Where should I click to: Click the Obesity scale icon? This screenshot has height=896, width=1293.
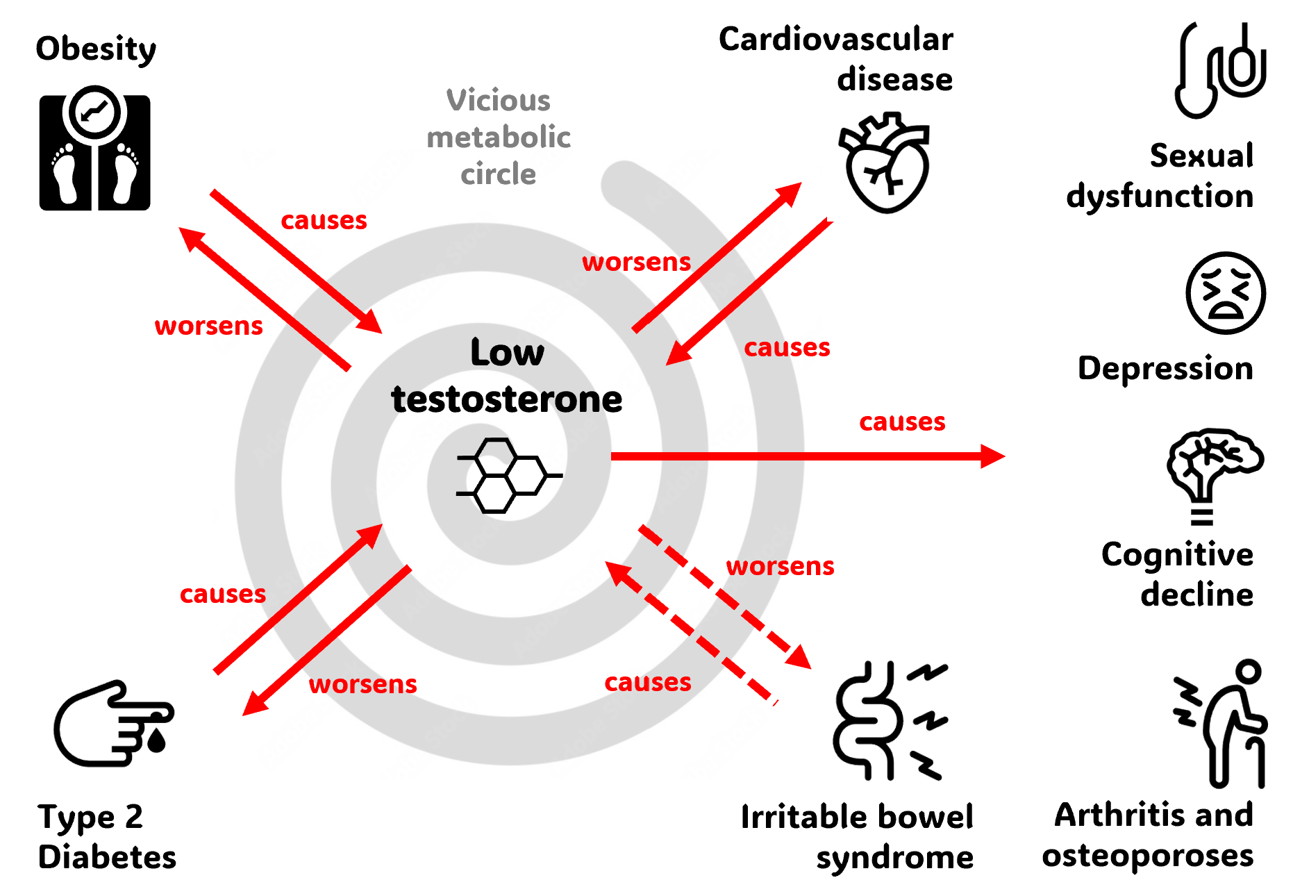94,149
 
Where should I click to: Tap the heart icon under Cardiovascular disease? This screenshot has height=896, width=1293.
885,163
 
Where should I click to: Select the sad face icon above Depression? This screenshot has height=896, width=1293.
1225,293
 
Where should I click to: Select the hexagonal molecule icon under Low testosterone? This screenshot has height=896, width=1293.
509,476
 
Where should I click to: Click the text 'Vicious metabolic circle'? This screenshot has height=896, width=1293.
499,137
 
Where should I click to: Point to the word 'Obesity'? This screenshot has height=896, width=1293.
96,49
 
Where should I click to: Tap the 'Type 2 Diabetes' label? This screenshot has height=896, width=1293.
107,836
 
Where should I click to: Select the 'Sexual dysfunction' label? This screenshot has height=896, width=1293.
1160,176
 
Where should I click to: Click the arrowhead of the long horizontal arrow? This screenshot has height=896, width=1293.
992,456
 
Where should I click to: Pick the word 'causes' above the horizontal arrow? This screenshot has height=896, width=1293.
902,422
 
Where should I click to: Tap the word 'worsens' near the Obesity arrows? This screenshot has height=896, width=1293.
208,326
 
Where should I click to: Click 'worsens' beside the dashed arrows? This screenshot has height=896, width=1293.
780,566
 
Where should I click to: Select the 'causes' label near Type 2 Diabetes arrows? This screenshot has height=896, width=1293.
223,594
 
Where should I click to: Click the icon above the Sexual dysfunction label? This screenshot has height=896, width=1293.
1220,69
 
